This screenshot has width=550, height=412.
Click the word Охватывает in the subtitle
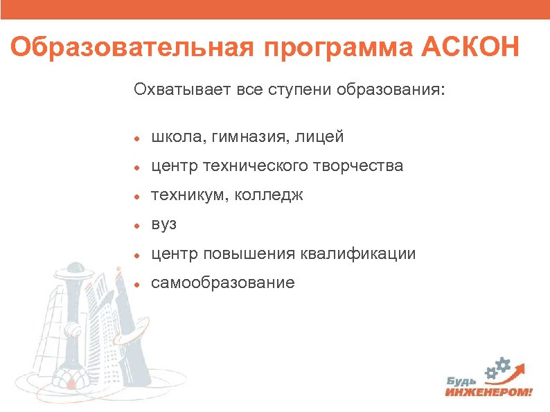pos(173,89)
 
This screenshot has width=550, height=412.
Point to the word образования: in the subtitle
pos(391,90)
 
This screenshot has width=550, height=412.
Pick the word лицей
pos(319,138)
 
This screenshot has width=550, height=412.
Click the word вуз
pos(163,226)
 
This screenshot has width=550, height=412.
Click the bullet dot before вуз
pos(139,226)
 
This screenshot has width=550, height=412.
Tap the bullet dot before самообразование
pos(139,283)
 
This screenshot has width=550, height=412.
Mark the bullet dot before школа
pos(139,138)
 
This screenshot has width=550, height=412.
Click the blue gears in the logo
pos(500,366)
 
